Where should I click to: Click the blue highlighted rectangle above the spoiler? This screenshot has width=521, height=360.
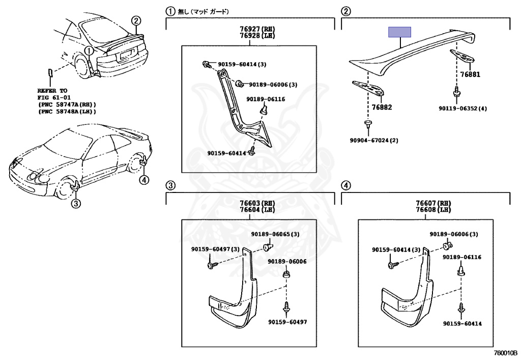coord(400,32)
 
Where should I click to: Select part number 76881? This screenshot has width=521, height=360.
coord(470,74)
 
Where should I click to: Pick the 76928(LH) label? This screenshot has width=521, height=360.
coord(249,37)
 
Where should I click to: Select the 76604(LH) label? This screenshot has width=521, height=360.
coord(249,210)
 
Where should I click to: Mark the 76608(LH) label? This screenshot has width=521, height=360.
coord(426,210)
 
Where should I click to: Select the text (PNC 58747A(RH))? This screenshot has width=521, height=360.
coord(67,104)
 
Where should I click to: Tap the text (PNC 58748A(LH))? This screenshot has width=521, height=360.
coord(67,111)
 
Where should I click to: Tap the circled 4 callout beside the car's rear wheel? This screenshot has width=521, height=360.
coord(144,179)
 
